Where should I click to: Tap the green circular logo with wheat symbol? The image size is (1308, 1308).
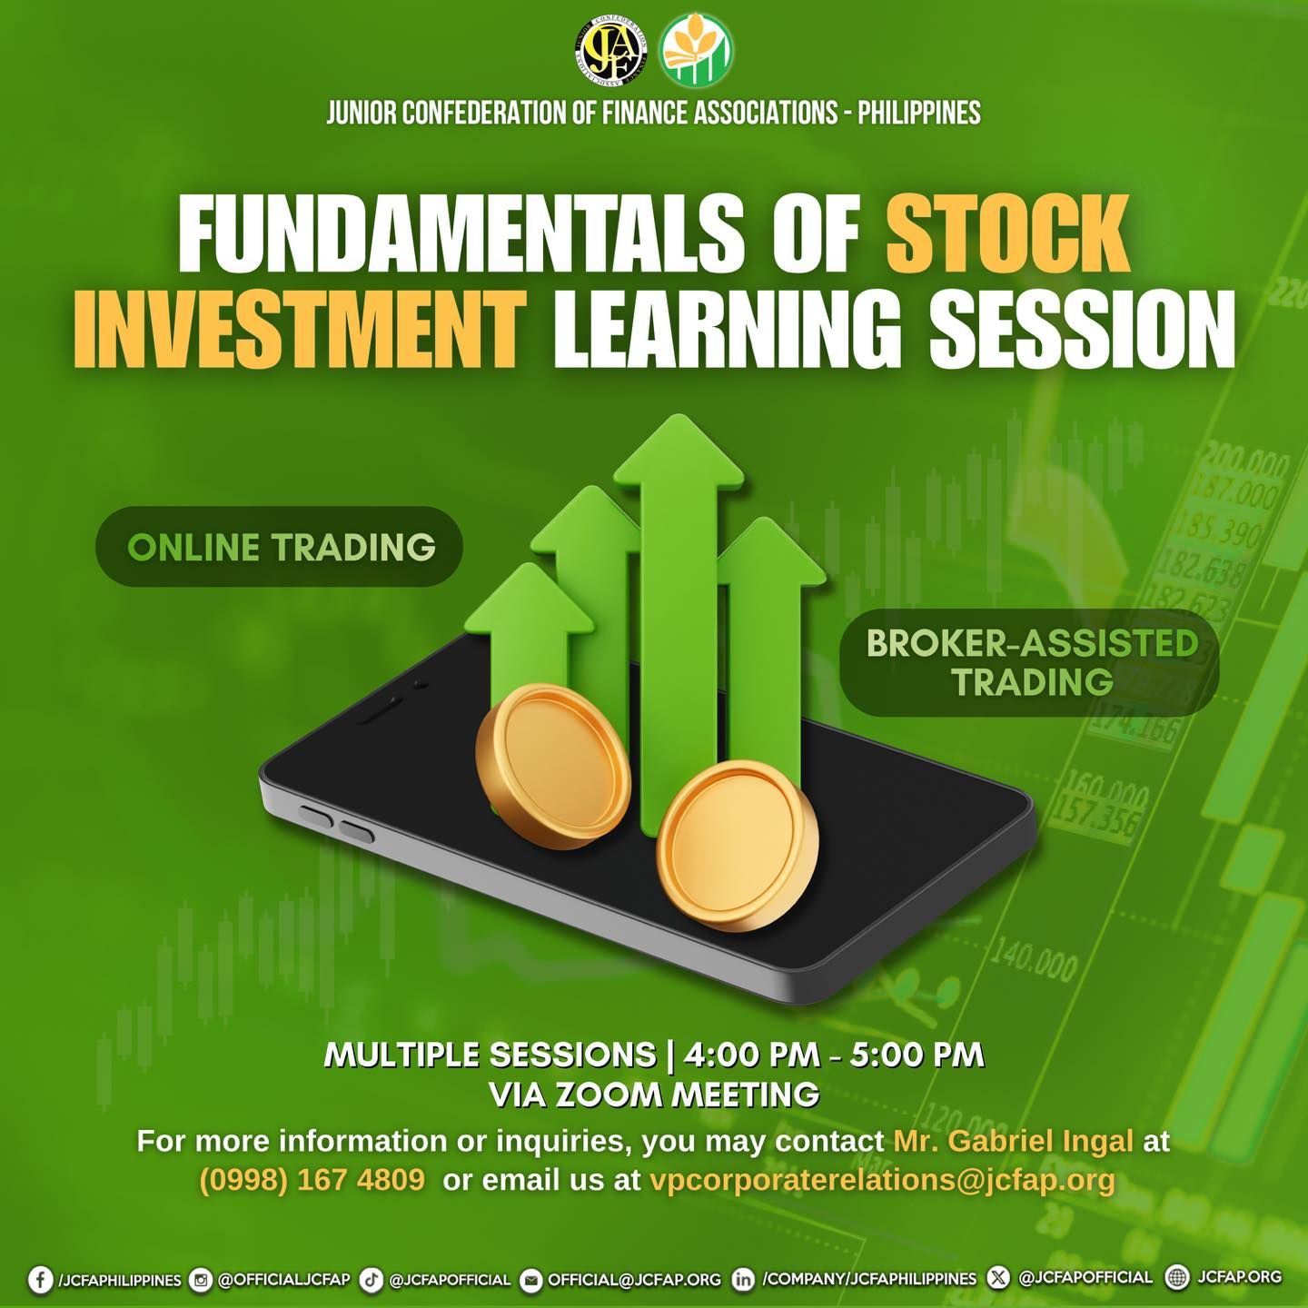(698, 49)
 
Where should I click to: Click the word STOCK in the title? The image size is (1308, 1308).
(1009, 234)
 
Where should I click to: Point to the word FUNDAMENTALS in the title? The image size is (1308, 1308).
(439, 234)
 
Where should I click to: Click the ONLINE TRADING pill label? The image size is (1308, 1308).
(280, 547)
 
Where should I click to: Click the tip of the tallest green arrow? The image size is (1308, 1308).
(679, 416)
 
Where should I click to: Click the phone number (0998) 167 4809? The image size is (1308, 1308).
(312, 1180)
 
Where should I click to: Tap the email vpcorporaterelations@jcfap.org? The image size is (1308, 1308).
(882, 1181)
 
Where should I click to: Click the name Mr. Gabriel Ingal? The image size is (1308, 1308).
(1014, 1140)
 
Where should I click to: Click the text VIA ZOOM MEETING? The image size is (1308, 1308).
(654, 1095)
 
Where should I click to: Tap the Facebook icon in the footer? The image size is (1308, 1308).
(41, 1280)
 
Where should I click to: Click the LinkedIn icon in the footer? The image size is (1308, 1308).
(744, 1280)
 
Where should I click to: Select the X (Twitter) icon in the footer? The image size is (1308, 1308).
(997, 1277)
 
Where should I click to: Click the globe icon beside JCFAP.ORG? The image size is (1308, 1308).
(1178, 1277)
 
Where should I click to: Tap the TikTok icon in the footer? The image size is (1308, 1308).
(372, 1280)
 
